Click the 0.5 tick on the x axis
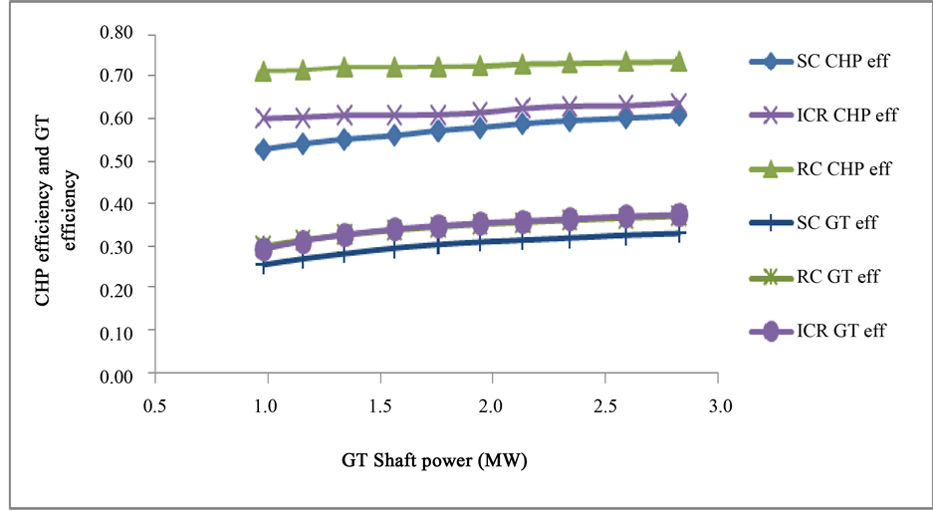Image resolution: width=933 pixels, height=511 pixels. click(152, 406)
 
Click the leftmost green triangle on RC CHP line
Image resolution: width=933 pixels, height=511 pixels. click(264, 72)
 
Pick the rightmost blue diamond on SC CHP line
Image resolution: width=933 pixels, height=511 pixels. click(679, 116)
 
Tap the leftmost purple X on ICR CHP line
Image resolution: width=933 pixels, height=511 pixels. click(264, 118)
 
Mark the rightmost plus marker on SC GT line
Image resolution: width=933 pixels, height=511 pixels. click(679, 233)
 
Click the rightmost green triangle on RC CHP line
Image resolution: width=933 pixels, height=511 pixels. click(679, 62)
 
